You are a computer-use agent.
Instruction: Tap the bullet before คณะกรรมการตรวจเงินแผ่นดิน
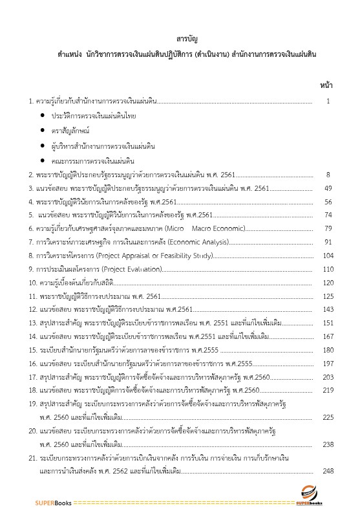click(43, 160)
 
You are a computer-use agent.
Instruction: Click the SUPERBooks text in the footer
click(54, 503)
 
